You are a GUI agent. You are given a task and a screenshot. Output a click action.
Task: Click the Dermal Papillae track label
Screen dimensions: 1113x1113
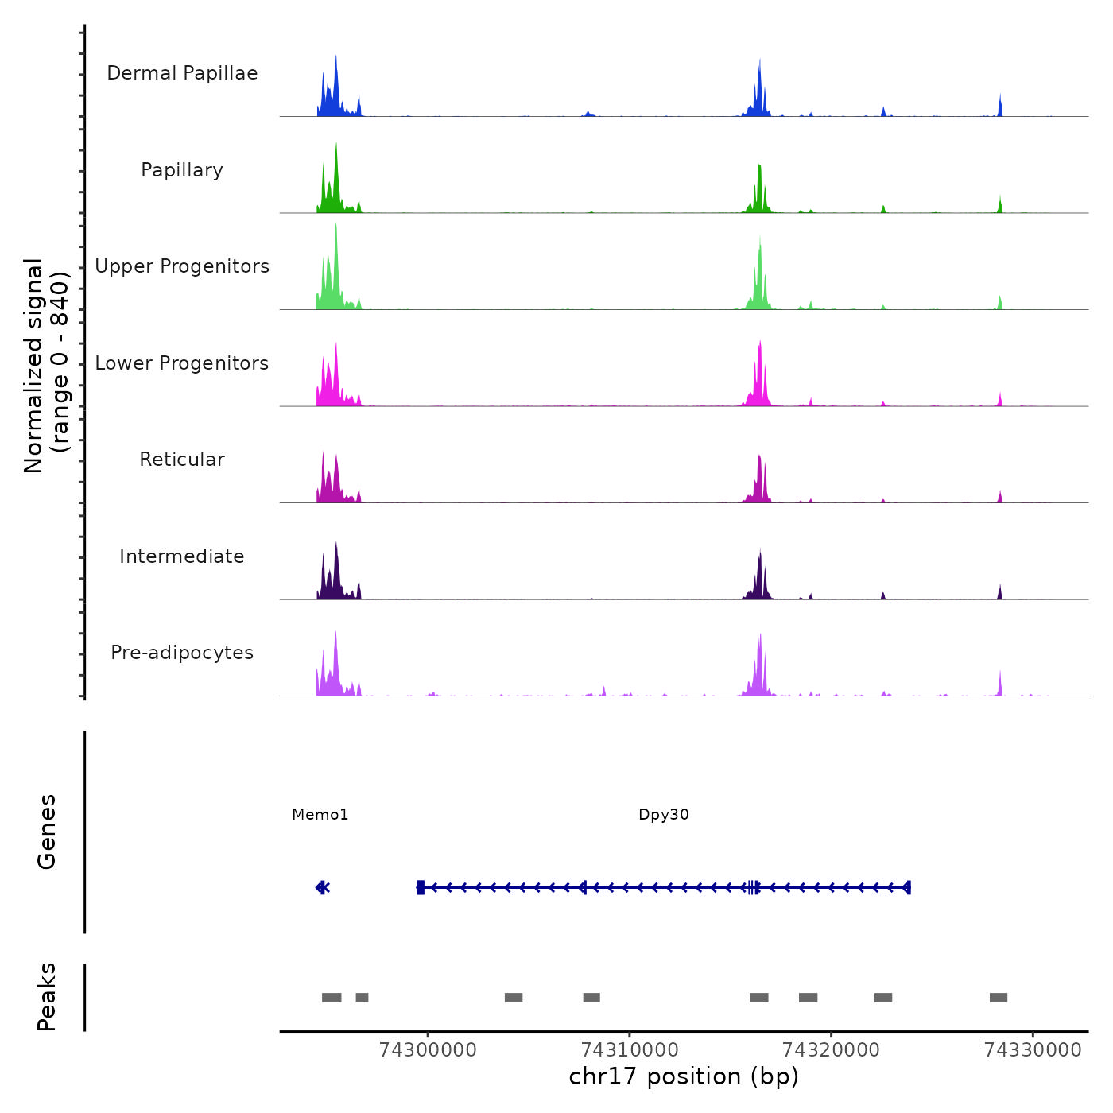coord(182,73)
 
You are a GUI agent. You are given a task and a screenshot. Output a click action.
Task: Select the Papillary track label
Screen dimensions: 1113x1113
coord(182,170)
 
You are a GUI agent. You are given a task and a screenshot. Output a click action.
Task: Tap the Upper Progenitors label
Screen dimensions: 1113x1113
coord(182,266)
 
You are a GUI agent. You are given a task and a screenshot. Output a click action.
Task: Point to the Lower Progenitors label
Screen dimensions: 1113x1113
coord(182,363)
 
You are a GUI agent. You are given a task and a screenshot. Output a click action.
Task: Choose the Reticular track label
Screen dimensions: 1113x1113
coord(182,460)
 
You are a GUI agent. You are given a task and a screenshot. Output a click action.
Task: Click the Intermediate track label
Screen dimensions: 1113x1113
coord(182,556)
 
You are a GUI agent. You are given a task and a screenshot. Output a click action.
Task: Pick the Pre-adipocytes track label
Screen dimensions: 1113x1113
coord(182,653)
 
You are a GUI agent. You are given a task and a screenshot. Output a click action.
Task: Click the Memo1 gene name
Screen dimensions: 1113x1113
coord(320,815)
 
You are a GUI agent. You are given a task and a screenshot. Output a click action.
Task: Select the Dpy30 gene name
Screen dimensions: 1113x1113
coord(664,815)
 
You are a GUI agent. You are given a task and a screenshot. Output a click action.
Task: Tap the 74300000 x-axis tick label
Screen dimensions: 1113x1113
coord(428,1050)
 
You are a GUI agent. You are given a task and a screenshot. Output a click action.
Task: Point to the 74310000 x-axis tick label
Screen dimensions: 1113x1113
coord(630,1050)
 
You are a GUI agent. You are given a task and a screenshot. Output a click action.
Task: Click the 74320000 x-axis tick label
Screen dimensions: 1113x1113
coord(832,1050)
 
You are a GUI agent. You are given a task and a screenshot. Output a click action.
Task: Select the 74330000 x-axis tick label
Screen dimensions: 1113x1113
coord(1033,1050)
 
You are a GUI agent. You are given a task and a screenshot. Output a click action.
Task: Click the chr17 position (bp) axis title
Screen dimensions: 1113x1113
coord(684,1076)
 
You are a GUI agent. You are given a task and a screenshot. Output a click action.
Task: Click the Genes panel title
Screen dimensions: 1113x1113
coord(46,832)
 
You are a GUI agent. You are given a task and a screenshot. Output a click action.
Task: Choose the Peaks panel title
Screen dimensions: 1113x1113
coord(46,997)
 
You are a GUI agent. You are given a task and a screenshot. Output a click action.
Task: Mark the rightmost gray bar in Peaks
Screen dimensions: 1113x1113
coord(999,998)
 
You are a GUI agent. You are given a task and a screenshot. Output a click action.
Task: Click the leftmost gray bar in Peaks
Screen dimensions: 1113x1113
coord(332,998)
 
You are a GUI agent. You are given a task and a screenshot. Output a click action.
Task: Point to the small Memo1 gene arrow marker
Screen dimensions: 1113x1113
coord(322,887)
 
